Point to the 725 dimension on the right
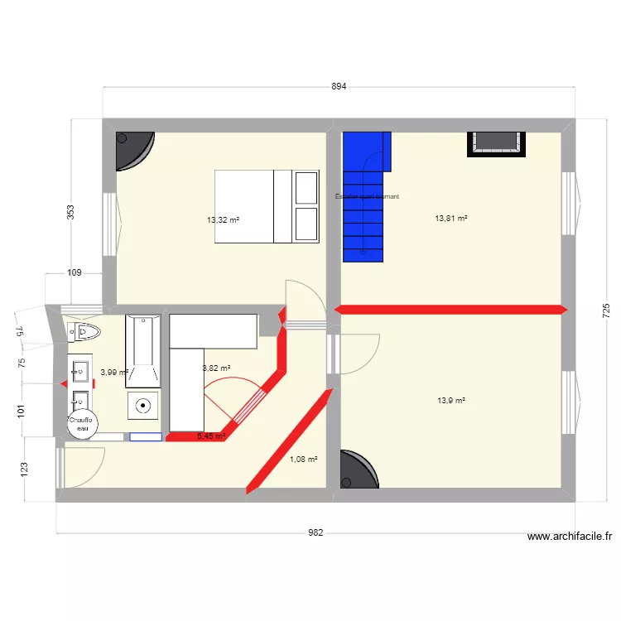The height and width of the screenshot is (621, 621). coord(606,311)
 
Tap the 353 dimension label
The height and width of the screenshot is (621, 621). coord(71,213)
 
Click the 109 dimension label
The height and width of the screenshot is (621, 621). coord(74,272)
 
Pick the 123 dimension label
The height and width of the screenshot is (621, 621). coord(24,470)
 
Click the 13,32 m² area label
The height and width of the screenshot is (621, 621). coord(223,220)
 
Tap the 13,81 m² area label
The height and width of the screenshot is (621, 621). coord(451,219)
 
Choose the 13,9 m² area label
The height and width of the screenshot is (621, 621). coord(451,401)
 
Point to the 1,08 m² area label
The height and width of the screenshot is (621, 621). coord(303,459)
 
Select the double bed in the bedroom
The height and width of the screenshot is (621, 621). coord(267,207)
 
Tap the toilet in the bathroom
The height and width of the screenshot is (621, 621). coord(84,333)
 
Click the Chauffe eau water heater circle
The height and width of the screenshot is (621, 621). coord(81,424)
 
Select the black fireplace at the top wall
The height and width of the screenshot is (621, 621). coord(497,143)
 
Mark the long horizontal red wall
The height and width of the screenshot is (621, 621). coord(451,310)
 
